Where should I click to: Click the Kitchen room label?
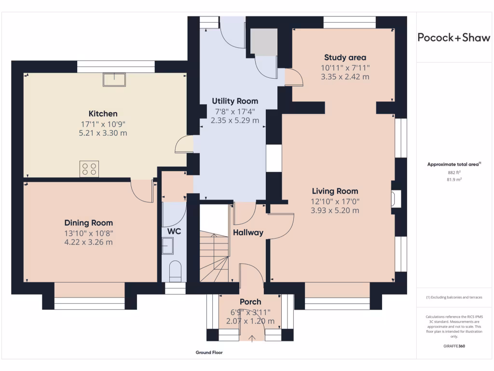pyautogui.click(x=103, y=114)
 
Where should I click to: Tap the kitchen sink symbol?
pyautogui.click(x=114, y=79)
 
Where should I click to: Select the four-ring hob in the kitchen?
pyautogui.click(x=89, y=169)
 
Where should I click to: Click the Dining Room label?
pyautogui.click(x=89, y=223)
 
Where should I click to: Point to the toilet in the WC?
pyautogui.click(x=175, y=271)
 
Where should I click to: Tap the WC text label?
pyautogui.click(x=174, y=231)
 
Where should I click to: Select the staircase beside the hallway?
pyautogui.click(x=214, y=251)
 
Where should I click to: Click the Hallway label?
pyautogui.click(x=248, y=232)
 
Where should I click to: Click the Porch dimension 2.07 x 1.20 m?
pyautogui.click(x=250, y=321)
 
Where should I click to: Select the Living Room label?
pyautogui.click(x=335, y=191)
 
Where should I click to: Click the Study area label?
pyautogui.click(x=345, y=57)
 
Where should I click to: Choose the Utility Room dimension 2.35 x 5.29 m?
pyautogui.click(x=235, y=120)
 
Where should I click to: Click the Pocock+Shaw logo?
pyautogui.click(x=453, y=38)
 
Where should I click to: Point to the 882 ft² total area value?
pyautogui.click(x=454, y=172)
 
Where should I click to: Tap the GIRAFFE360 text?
pyautogui.click(x=454, y=346)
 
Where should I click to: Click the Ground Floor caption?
pyautogui.click(x=209, y=353)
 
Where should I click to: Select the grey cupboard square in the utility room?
pyautogui.click(x=264, y=42)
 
